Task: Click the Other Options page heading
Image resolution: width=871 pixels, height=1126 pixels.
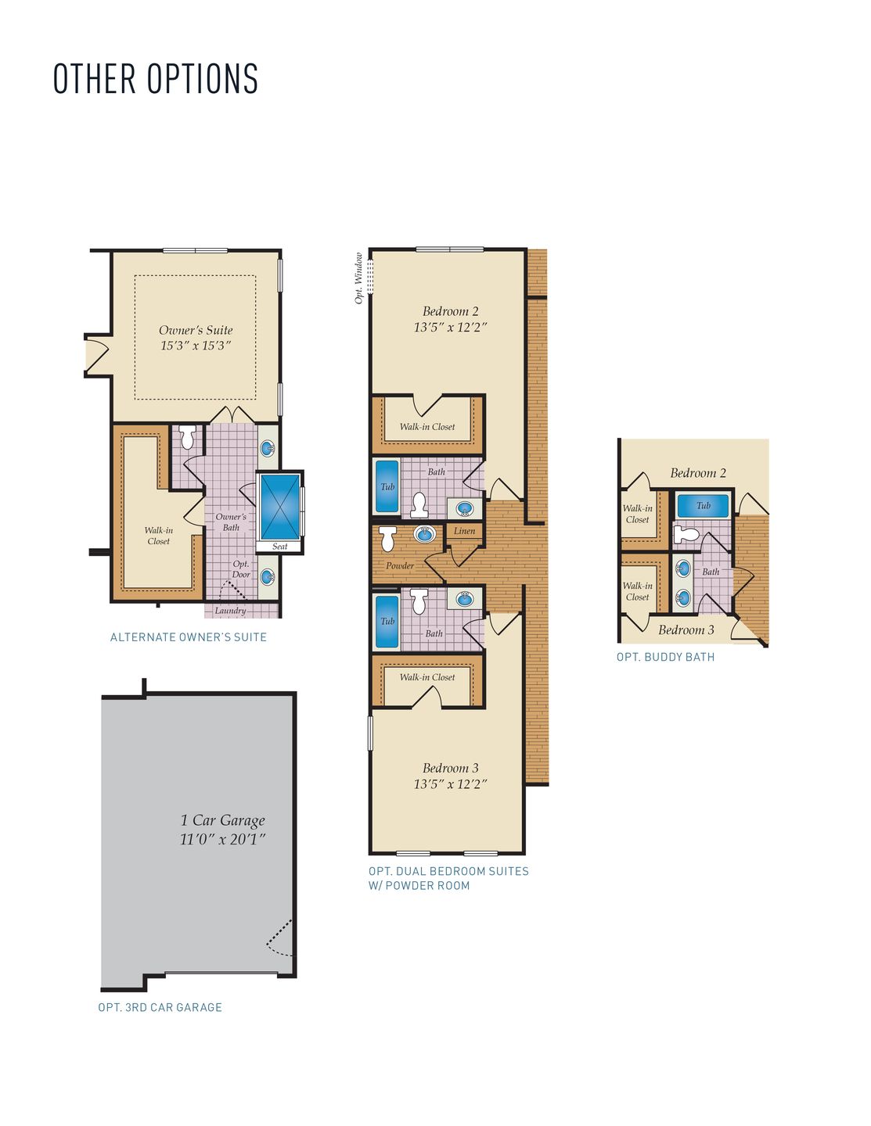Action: point(156,79)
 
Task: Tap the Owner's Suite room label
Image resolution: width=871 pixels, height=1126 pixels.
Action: point(196,330)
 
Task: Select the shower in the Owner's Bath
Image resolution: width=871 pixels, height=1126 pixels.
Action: point(280,507)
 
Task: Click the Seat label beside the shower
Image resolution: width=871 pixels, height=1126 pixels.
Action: point(280,546)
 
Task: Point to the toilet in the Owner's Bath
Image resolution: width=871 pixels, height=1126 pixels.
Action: point(187,438)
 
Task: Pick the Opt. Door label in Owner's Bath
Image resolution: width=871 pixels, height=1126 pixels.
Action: point(241,569)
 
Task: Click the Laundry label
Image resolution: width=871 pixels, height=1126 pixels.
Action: point(230,611)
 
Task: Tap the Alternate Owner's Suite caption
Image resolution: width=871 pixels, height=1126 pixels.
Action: point(188,637)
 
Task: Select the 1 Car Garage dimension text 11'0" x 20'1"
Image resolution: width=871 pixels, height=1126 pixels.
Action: point(222,839)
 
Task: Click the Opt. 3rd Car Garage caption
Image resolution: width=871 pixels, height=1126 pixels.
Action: point(160,1007)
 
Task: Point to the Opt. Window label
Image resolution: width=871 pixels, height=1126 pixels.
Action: point(358,278)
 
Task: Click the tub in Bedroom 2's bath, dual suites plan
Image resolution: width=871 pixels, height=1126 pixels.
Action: point(387,486)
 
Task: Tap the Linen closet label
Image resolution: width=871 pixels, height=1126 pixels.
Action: point(465,531)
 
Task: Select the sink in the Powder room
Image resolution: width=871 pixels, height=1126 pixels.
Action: point(425,533)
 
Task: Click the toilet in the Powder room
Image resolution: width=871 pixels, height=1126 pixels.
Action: point(388,539)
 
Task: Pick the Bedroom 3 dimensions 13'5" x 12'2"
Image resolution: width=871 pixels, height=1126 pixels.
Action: point(450,784)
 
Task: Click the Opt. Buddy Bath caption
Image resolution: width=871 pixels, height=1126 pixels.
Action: point(666,657)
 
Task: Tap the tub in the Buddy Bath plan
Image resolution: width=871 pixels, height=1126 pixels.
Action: point(703,505)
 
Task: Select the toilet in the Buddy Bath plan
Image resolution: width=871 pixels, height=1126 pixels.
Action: point(686,534)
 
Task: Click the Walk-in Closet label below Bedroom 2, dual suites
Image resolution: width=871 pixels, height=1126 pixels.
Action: point(427,427)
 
